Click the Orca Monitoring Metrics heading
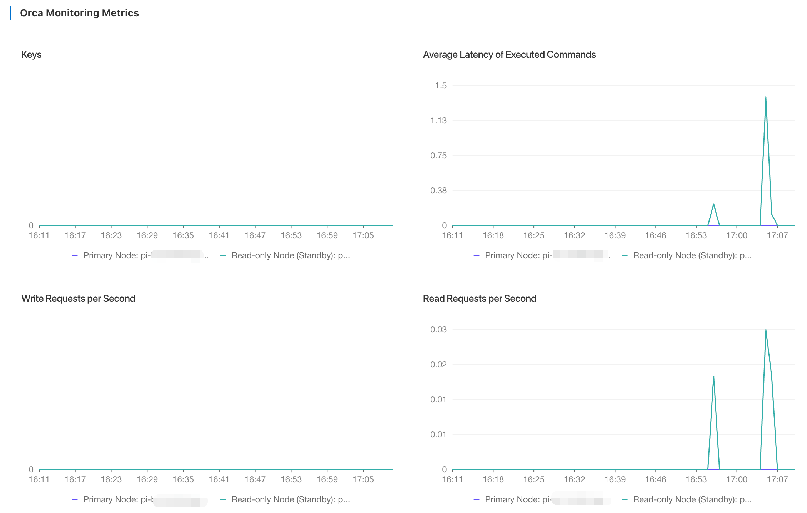(x=79, y=13)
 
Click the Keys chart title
(x=31, y=55)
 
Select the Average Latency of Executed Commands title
(x=509, y=55)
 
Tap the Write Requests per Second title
(x=78, y=299)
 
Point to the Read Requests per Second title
(x=480, y=299)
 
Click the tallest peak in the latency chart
(x=766, y=97)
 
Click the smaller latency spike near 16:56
(x=713, y=204)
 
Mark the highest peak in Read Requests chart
(x=766, y=330)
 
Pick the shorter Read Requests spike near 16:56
(x=713, y=376)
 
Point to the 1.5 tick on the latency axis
(x=441, y=86)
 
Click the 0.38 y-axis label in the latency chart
(x=438, y=191)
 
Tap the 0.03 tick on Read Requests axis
(x=438, y=330)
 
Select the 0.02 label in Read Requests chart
(x=438, y=365)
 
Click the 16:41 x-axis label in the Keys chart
(x=219, y=235)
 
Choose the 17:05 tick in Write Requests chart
(x=363, y=479)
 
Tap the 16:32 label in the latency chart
(x=574, y=235)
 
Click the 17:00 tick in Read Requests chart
(x=737, y=479)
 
